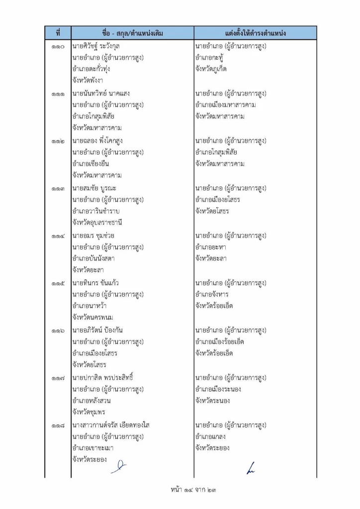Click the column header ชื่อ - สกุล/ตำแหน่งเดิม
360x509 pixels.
pyautogui.click(x=132, y=33)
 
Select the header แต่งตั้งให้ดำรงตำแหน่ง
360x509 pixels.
pyautogui.click(x=255, y=33)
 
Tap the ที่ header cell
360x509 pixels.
pyautogui.click(x=58, y=33)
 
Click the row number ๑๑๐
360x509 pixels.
pyautogui.click(x=58, y=46)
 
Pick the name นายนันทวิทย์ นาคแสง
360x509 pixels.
pyautogui.click(x=102, y=93)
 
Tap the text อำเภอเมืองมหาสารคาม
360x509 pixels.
pyautogui.click(x=226, y=105)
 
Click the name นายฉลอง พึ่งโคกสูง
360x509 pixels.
pyautogui.click(x=100, y=141)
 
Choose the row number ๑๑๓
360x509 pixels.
pyautogui.click(x=58, y=188)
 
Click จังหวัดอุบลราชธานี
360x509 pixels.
pyautogui.click(x=97, y=223)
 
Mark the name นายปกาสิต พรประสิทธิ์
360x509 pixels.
pyautogui.click(x=103, y=378)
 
